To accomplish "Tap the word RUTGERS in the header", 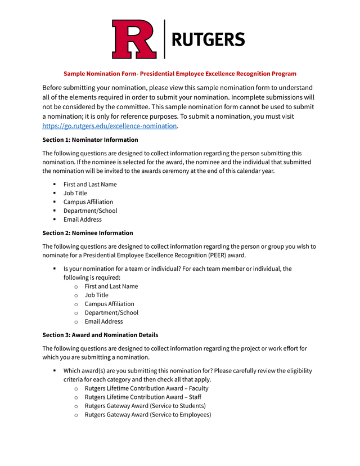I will click(208, 39).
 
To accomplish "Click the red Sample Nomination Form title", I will click(179, 74).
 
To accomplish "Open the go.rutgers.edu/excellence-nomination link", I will click(110, 126).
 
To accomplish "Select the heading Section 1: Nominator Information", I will click(90, 140).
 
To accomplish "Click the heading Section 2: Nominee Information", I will click(88, 233).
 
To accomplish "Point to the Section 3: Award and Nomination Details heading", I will click(100, 335).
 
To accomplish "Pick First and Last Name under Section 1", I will click(90, 185).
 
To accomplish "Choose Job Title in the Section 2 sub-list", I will click(97, 295).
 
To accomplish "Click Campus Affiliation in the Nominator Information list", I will click(88, 202).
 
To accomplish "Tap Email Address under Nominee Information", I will click(103, 321).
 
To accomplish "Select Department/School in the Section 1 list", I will click(90, 211).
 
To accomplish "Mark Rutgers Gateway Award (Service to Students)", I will click(145, 406).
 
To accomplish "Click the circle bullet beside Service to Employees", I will click(76, 415).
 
